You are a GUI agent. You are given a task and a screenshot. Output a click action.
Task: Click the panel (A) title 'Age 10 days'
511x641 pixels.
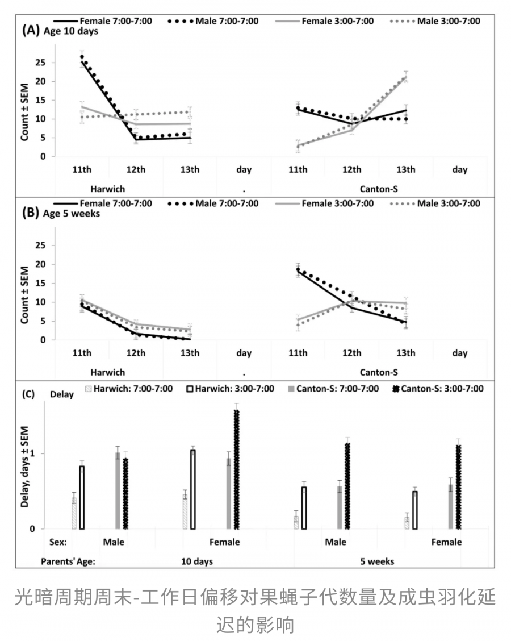pos(71,32)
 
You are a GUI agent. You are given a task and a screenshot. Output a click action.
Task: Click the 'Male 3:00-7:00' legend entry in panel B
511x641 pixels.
pos(449,203)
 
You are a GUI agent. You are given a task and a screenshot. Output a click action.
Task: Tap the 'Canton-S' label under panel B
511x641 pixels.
pos(379,372)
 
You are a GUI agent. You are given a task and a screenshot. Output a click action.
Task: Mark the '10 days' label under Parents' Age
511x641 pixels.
pos(197,561)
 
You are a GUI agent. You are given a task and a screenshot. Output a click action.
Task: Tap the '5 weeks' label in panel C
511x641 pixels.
pos(377,561)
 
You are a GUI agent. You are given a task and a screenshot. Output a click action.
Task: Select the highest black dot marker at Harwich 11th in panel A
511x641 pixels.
pos(82,57)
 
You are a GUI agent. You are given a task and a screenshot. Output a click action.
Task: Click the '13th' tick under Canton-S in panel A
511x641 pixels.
pos(405,170)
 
